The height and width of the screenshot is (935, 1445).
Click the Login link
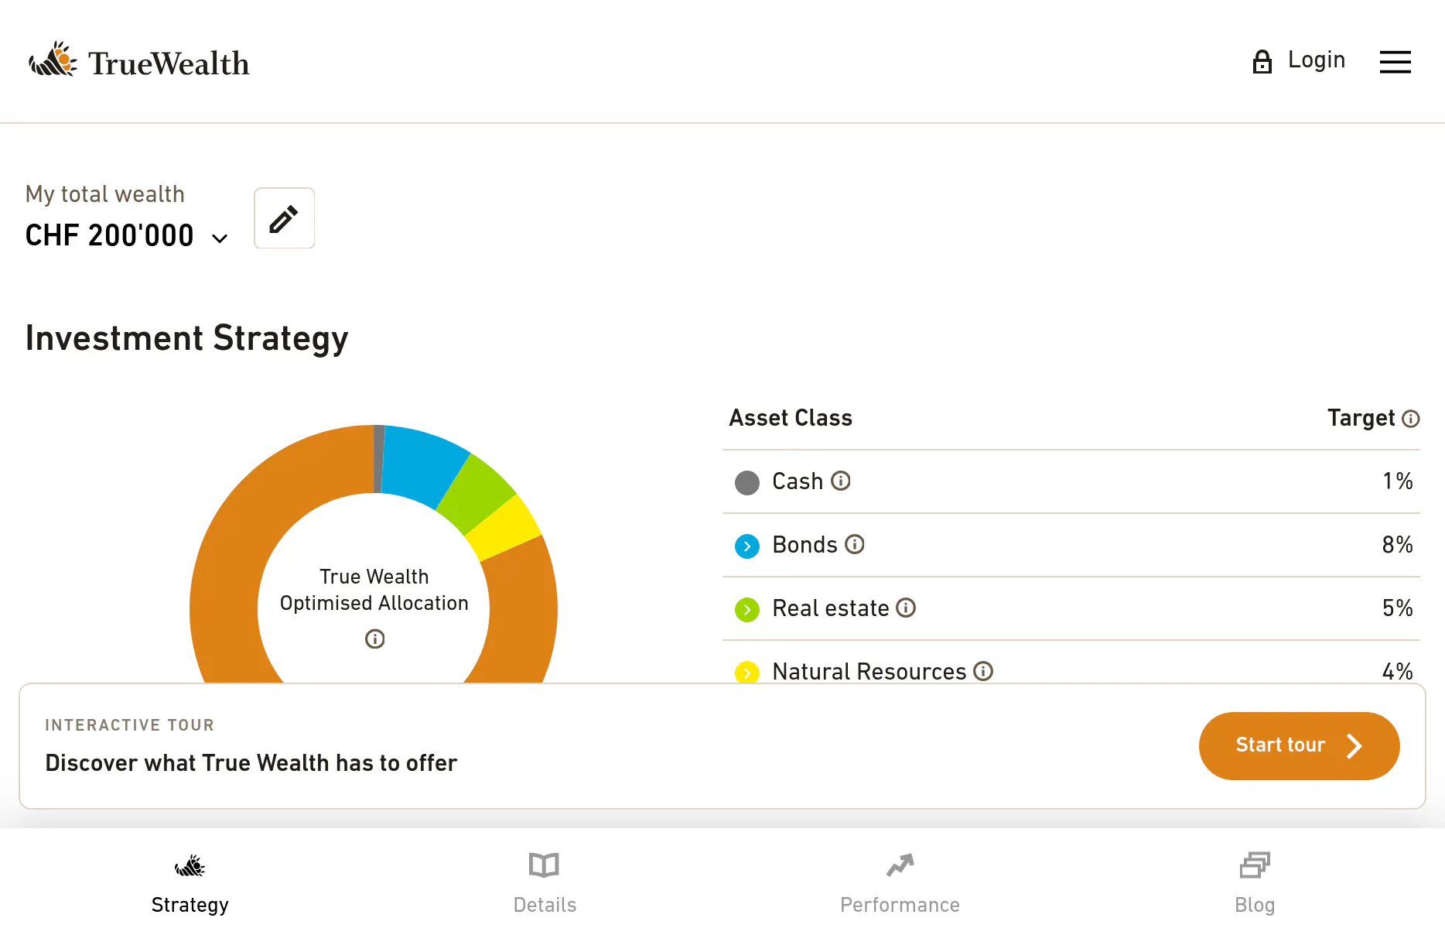click(x=1299, y=60)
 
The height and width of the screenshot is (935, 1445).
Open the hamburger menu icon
click(x=1395, y=62)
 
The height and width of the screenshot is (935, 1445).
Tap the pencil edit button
click(x=284, y=218)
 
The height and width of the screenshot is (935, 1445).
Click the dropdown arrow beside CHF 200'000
click(x=220, y=238)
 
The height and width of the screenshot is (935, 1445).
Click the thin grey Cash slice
click(x=379, y=459)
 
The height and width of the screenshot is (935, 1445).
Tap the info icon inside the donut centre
click(x=374, y=639)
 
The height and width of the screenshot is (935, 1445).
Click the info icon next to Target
click(x=1411, y=419)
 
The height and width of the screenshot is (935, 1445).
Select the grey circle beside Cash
click(x=747, y=483)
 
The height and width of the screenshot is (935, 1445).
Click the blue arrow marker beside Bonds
click(x=747, y=546)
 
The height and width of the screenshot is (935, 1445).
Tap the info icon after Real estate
click(x=906, y=608)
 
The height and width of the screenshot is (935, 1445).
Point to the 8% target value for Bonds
click(x=1397, y=545)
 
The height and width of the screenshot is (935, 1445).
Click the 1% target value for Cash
click(x=1397, y=481)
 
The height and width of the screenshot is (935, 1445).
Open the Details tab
click(x=545, y=882)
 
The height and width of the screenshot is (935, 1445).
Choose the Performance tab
click(x=900, y=882)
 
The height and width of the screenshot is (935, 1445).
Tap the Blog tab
click(x=1255, y=882)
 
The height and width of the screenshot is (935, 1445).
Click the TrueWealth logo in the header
click(x=139, y=61)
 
